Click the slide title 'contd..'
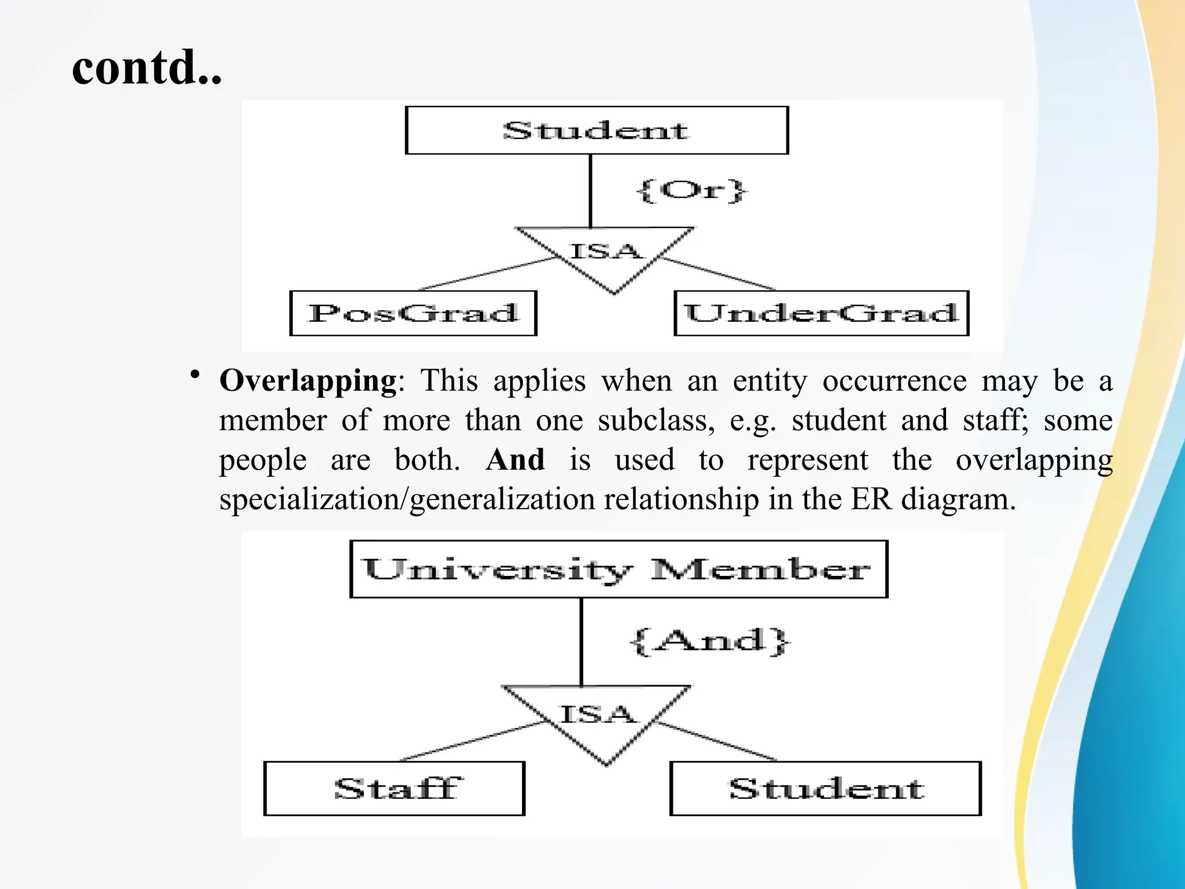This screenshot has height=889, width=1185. pos(147,68)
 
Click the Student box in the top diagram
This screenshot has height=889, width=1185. pos(597,130)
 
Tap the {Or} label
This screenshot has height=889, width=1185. pos(691,190)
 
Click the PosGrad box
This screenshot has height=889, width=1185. pos(413,313)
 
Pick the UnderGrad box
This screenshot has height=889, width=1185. pos(821,313)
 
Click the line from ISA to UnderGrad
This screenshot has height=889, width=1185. pos(717,273)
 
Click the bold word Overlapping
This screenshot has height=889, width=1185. pos(308,381)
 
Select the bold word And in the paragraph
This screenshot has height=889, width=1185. pos(515,460)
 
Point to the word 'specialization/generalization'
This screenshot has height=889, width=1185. pos(407,499)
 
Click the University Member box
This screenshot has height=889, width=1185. pos(619,569)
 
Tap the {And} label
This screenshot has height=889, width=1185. pos(709,641)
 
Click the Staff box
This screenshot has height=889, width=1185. pos(394,788)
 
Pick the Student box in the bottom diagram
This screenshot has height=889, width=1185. pos(825,788)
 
